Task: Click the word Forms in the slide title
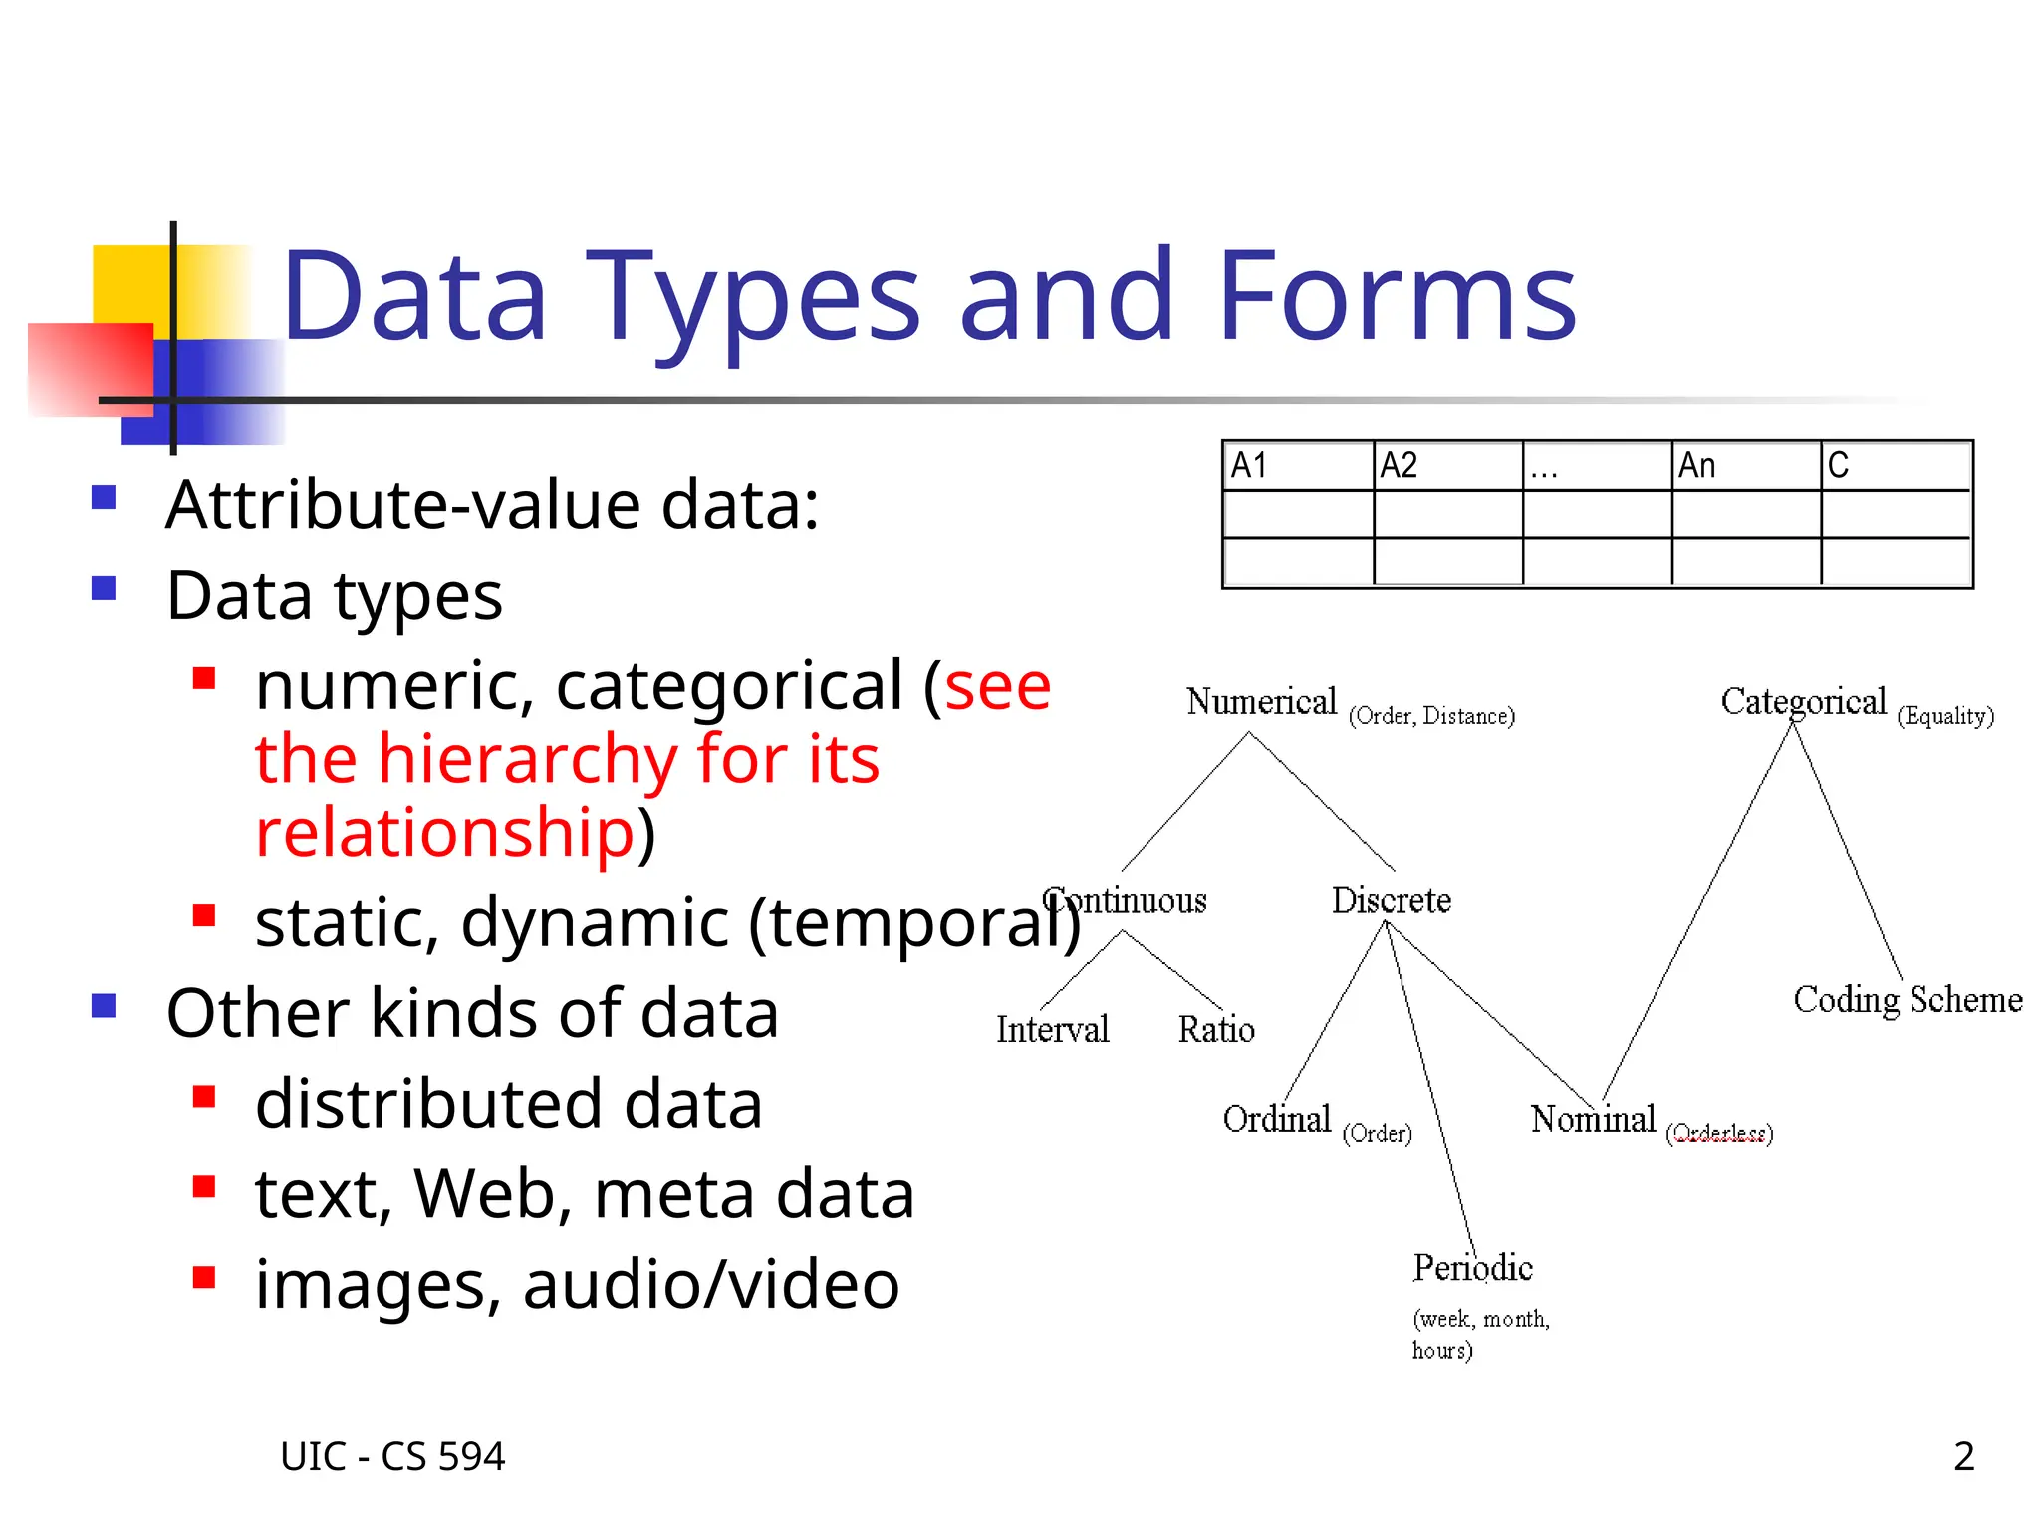tap(1397, 296)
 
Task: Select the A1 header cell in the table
tap(1298, 465)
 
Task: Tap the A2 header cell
tap(1447, 465)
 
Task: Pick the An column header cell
tap(1745, 465)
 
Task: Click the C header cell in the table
tap(1895, 465)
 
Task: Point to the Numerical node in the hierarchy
tap(1261, 702)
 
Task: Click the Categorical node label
tap(1803, 702)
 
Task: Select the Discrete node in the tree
tap(1391, 900)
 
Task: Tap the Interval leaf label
tap(1052, 1029)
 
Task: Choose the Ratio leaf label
tap(1216, 1029)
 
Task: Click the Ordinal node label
tap(1276, 1119)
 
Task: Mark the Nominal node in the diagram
tap(1593, 1119)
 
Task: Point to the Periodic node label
tap(1472, 1268)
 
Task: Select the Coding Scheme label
tap(1908, 999)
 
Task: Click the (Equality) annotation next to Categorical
tap(1945, 716)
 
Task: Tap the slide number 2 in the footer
tap(1963, 1456)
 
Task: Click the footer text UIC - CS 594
tap(392, 1456)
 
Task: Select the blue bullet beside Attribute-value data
tap(104, 497)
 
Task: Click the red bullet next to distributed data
tap(204, 1097)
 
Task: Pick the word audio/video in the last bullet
tap(711, 1284)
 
